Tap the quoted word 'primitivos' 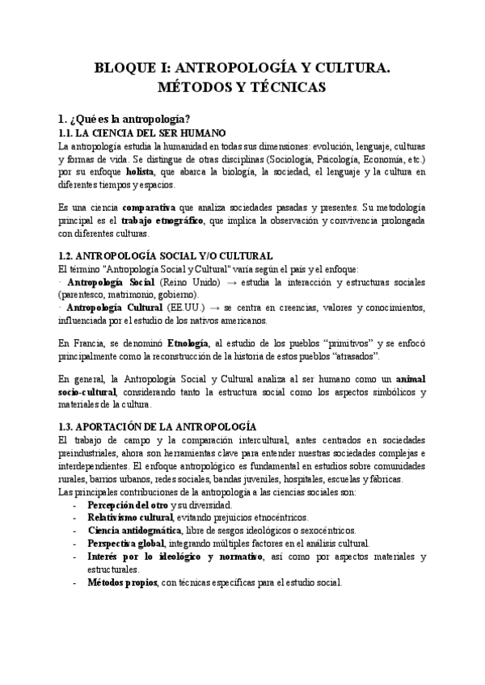353,343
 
